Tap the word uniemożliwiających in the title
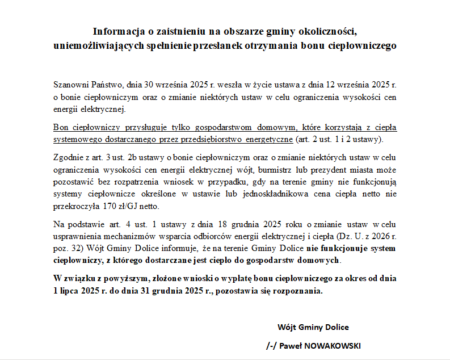[94, 45]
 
